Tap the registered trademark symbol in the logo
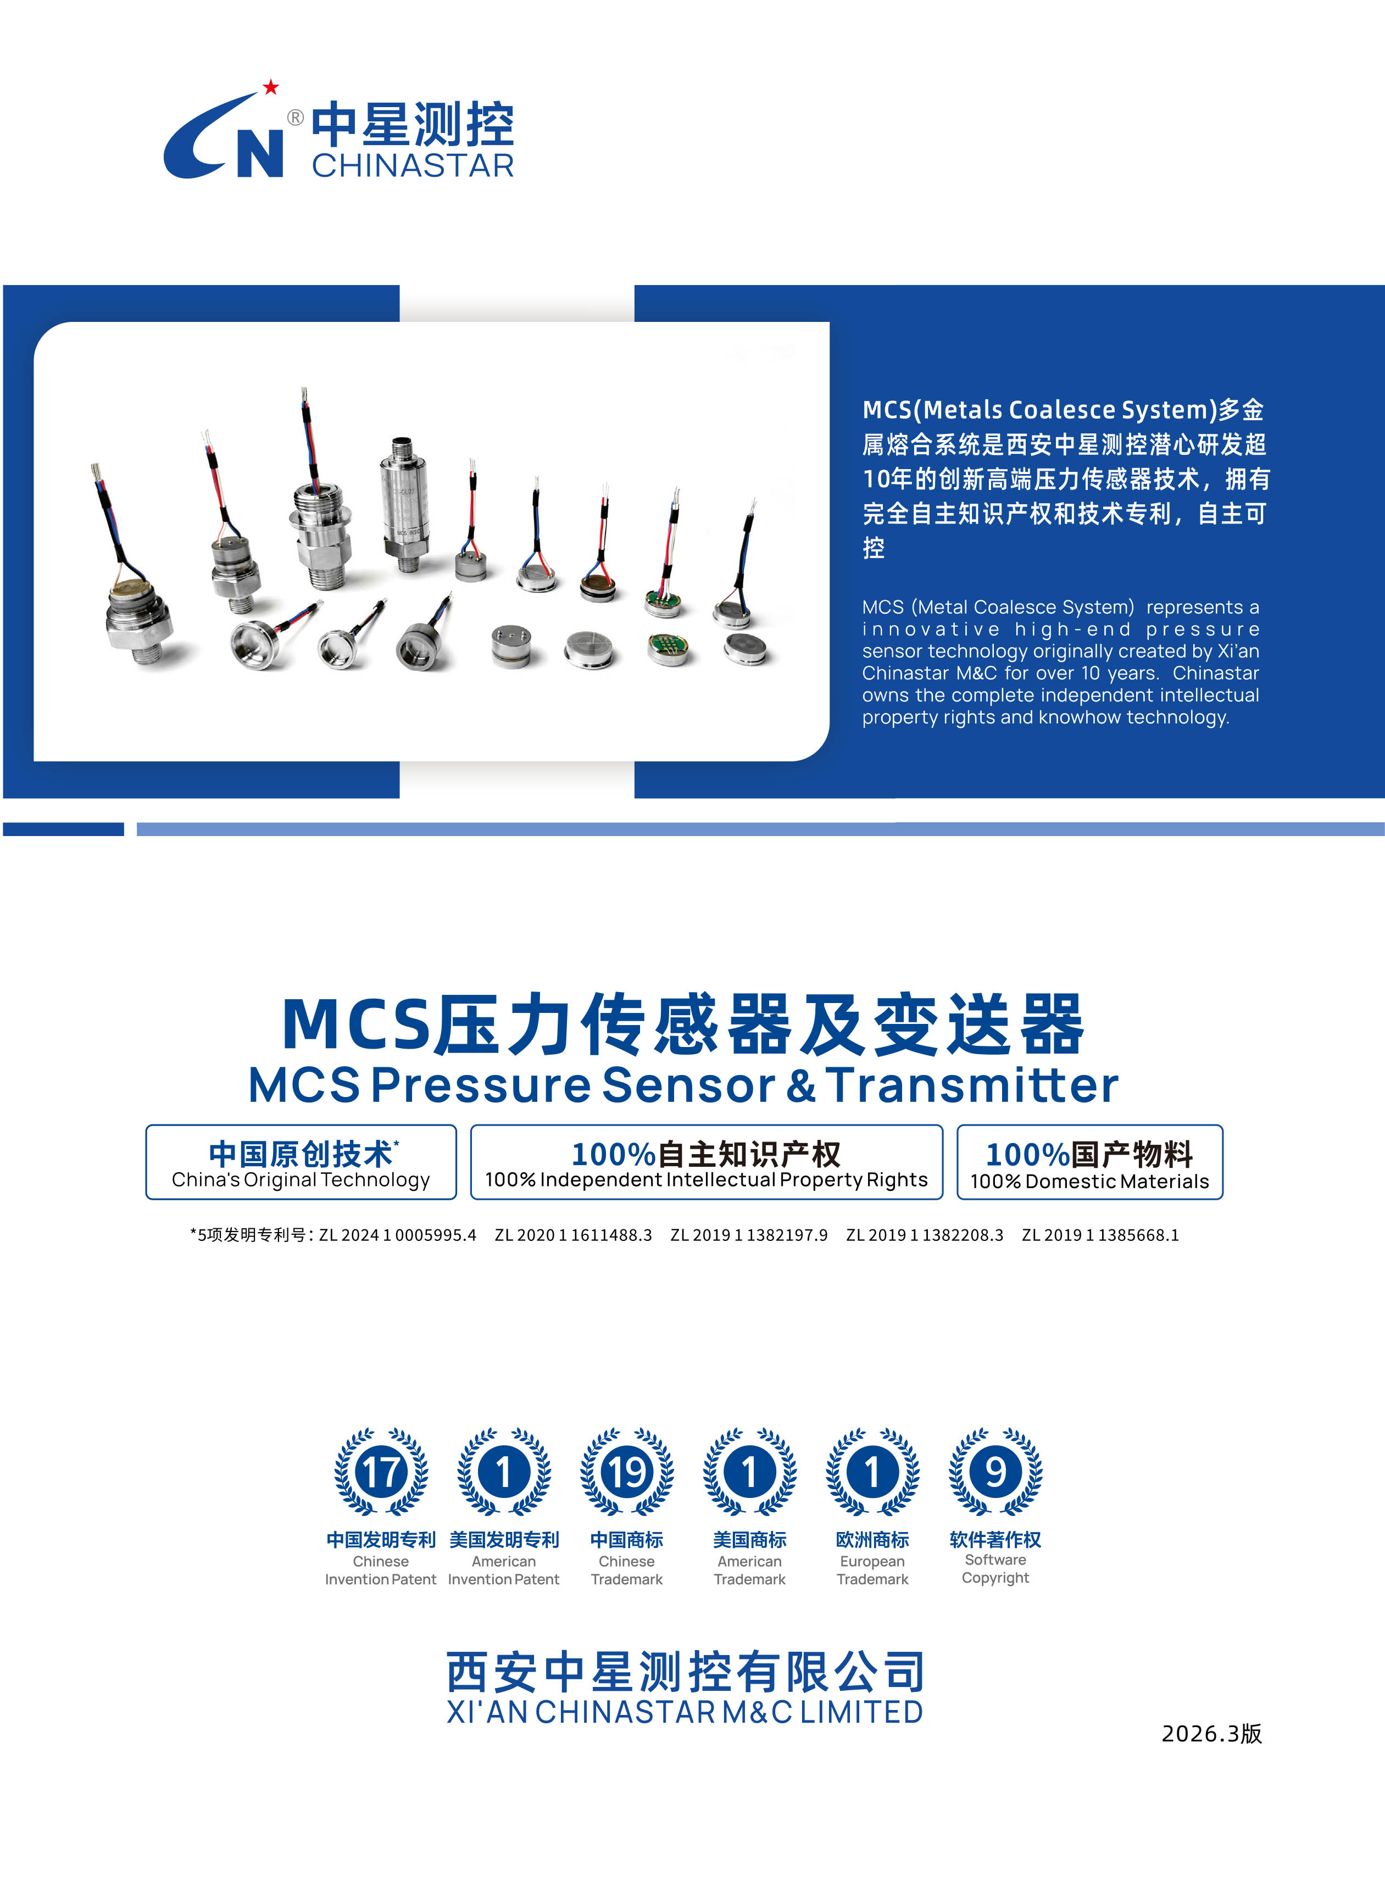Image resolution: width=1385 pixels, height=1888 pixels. coord(295,118)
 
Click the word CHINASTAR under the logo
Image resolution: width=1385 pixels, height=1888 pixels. coord(413,165)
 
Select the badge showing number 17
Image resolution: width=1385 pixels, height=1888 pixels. coord(381,1471)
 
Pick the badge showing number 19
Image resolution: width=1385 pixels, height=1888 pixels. coord(626,1471)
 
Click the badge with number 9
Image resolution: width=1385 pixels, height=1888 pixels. coord(995,1471)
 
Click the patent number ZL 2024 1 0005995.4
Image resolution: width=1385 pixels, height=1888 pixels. coord(397,1235)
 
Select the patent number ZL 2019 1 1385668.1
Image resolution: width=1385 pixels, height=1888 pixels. coord(1100,1235)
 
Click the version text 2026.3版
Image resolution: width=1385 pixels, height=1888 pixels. coord(1211,1733)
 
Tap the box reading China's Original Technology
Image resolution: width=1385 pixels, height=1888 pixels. coord(301,1162)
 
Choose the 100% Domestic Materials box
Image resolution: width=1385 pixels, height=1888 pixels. coord(1090,1162)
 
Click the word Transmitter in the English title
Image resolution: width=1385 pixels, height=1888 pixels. coord(972,1085)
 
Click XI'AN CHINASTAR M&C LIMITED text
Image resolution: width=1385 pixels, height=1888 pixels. coord(685,1712)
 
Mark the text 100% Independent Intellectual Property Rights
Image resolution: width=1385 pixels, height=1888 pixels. coord(706,1179)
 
